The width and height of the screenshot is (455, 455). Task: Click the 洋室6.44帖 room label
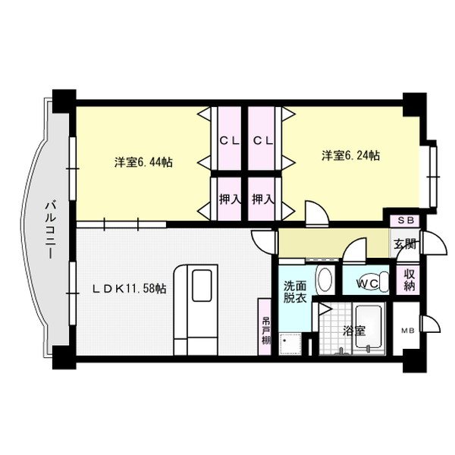tap(143, 162)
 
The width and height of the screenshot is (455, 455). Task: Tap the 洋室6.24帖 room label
tap(350, 155)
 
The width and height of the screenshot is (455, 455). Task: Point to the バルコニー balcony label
tap(51, 228)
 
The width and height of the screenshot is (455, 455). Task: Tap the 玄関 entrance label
tap(404, 244)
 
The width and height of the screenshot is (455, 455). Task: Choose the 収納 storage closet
tap(410, 280)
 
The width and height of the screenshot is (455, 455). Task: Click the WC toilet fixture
tap(369, 280)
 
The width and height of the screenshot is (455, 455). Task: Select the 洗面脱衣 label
tap(296, 293)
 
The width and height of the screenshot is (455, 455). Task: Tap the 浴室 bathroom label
tap(353, 330)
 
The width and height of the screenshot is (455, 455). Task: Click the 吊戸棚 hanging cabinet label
tap(266, 331)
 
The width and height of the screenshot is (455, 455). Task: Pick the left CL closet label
tap(227, 140)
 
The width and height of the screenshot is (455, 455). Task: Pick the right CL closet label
tap(262, 140)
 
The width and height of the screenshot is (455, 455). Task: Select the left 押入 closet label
tap(227, 199)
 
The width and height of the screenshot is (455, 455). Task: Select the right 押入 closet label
tap(262, 199)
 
